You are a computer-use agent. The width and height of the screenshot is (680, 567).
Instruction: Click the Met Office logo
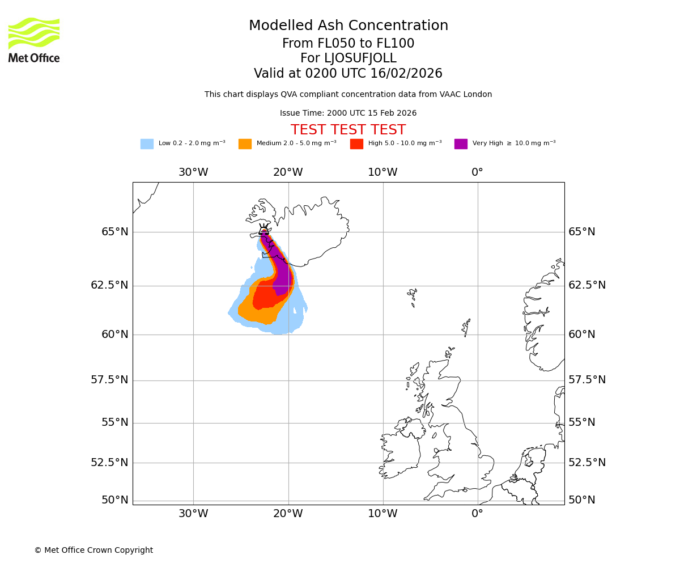pyautogui.click(x=34, y=40)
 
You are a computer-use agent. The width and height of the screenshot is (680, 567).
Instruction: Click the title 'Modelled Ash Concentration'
pyautogui.click(x=348, y=26)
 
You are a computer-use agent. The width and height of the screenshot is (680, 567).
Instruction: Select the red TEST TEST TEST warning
pyautogui.click(x=348, y=130)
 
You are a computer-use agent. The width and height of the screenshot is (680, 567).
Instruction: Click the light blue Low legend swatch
pyautogui.click(x=147, y=144)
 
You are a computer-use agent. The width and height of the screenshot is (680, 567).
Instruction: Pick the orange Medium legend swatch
pyautogui.click(x=245, y=144)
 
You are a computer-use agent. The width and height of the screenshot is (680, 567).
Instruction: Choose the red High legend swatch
pyautogui.click(x=356, y=144)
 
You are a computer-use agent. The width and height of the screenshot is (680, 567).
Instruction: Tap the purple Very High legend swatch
pyautogui.click(x=461, y=144)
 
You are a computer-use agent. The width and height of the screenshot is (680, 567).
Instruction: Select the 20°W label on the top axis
pyautogui.click(x=288, y=172)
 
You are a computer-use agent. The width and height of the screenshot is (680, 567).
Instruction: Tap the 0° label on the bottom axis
pyautogui.click(x=477, y=514)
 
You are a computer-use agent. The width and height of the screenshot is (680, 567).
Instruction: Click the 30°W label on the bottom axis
pyautogui.click(x=193, y=514)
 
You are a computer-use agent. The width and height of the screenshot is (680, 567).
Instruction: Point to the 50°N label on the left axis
pyautogui.click(x=115, y=500)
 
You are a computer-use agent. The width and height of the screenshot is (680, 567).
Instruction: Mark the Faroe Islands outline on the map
pyautogui.click(x=413, y=295)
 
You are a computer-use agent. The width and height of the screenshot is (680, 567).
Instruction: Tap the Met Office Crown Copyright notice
pyautogui.click(x=93, y=551)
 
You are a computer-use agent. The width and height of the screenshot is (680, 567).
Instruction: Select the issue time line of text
pyautogui.click(x=348, y=113)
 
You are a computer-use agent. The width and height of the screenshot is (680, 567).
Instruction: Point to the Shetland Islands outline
pyautogui.click(x=466, y=327)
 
